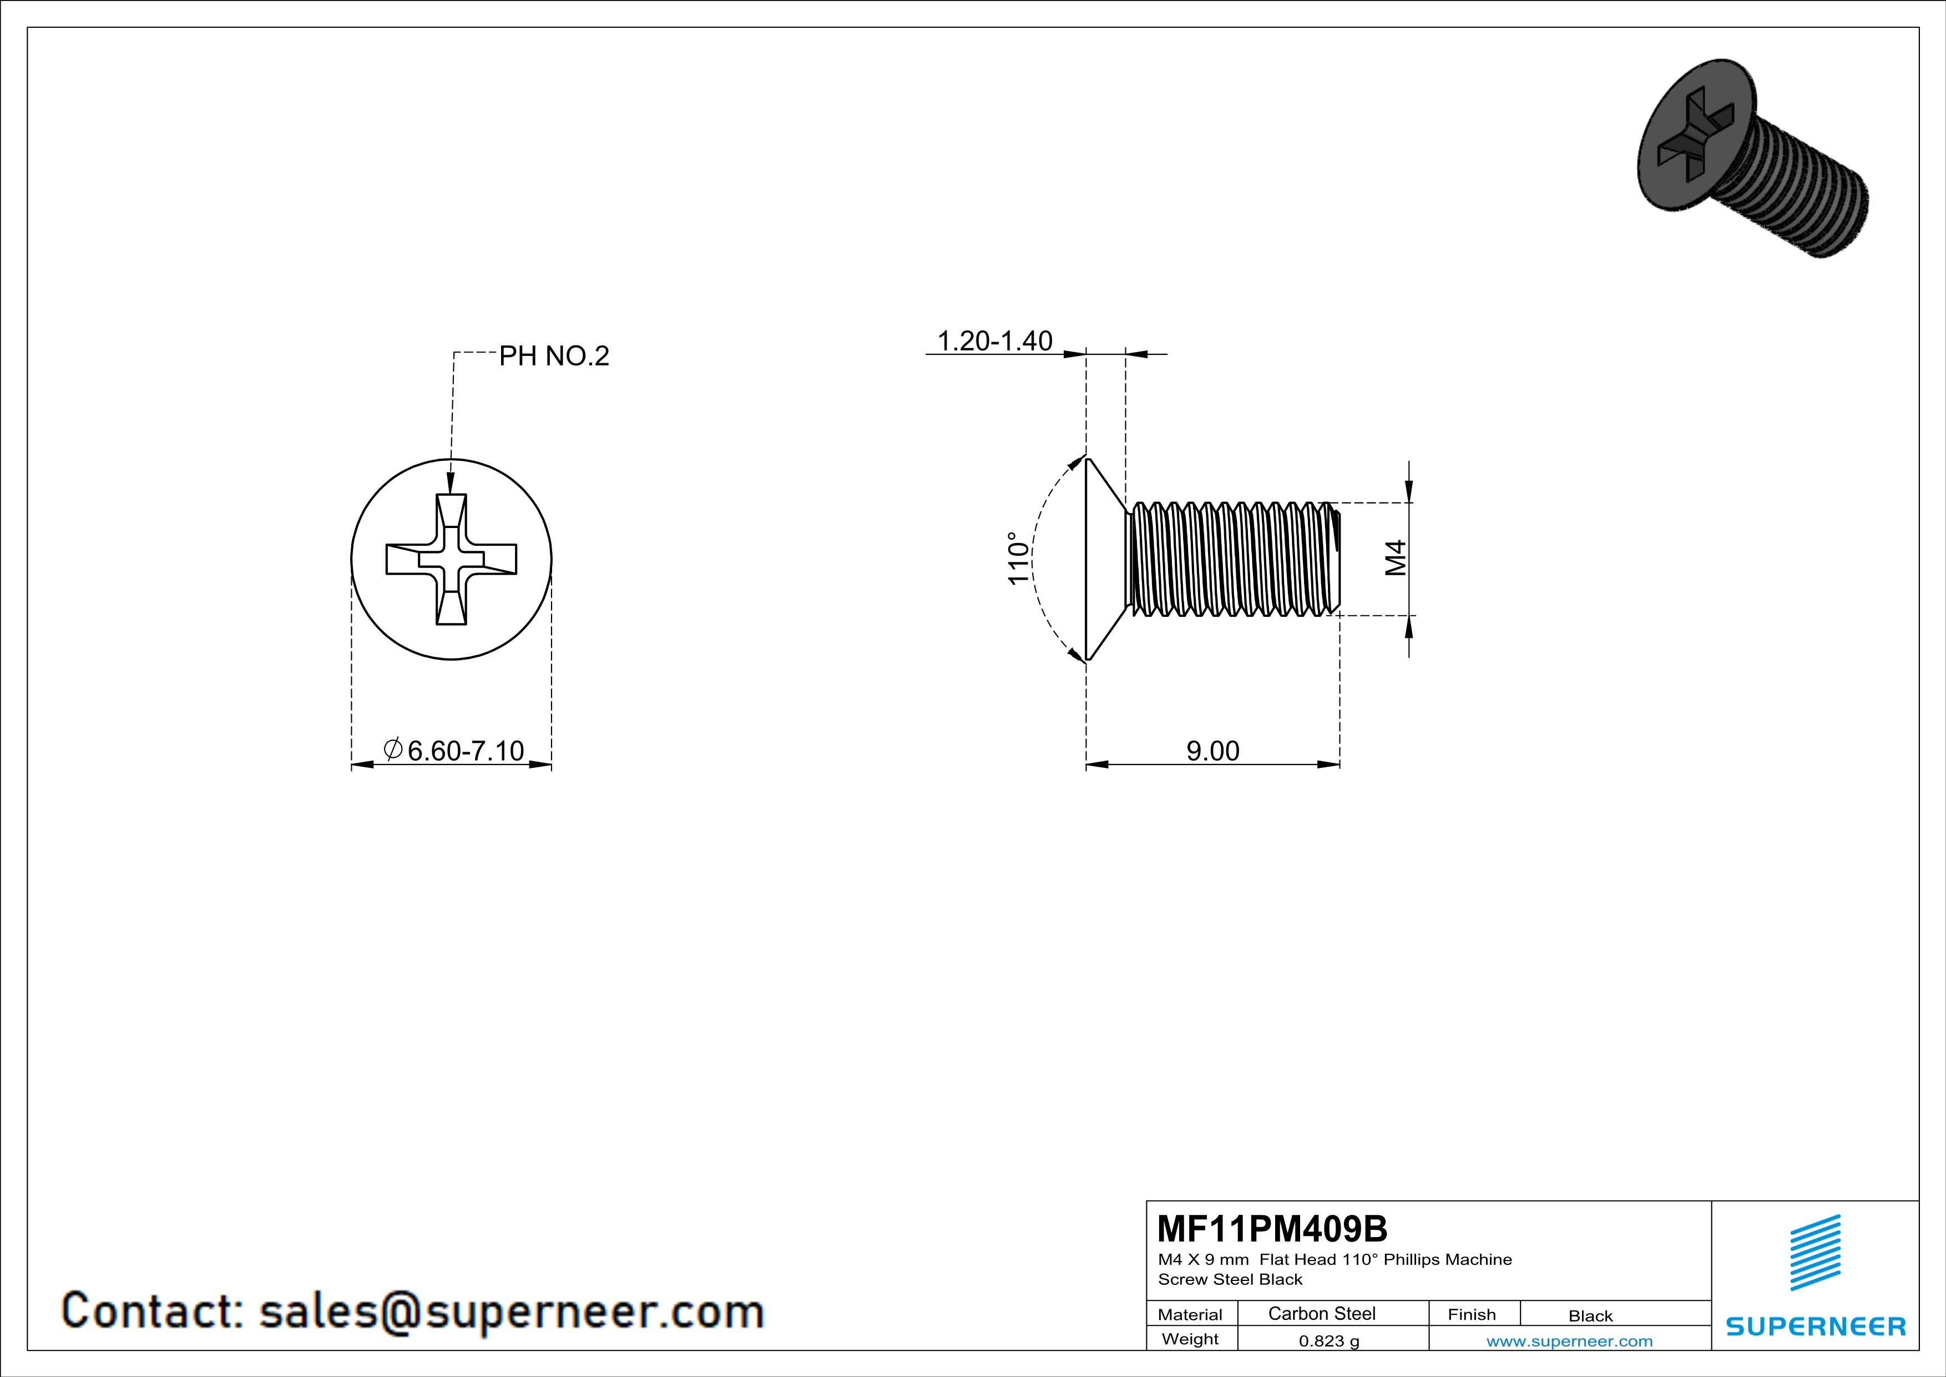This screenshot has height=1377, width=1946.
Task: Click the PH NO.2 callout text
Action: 553,356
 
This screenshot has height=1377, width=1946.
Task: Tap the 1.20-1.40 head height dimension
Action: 994,341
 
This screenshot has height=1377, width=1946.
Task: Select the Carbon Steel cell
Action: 1321,1313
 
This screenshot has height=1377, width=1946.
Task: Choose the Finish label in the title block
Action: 1472,1314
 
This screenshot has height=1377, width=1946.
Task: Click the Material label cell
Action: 1190,1314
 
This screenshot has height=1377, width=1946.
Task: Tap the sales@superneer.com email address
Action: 511,1311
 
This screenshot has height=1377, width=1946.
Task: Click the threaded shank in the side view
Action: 1233,558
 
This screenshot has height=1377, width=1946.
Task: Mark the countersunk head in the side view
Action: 1104,558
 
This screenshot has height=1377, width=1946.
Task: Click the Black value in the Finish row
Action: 1590,1316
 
